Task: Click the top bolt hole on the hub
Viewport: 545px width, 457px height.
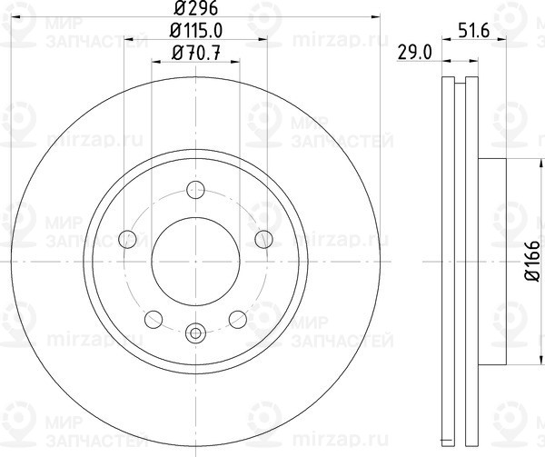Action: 194,190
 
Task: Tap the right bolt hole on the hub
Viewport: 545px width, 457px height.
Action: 263,239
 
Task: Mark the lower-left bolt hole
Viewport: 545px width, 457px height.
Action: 153,319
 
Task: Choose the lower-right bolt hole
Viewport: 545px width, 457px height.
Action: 237,319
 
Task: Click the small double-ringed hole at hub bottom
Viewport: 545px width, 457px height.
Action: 194,333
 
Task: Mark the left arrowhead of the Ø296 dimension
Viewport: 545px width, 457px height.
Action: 15,16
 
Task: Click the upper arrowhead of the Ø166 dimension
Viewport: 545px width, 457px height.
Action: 520,164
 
